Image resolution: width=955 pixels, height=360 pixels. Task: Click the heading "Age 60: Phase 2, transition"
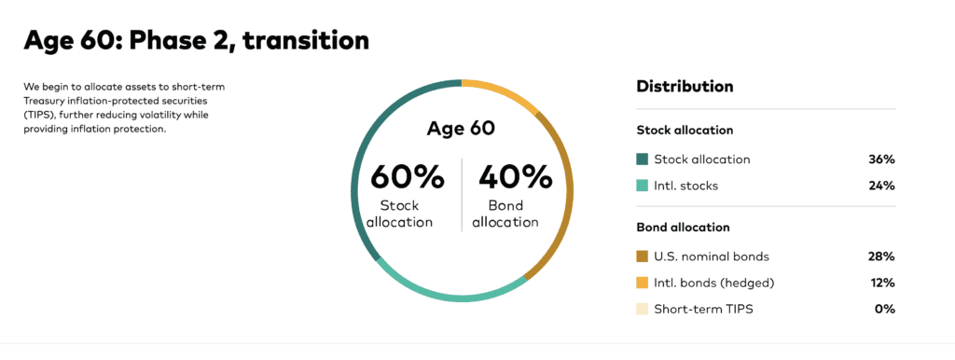[x=196, y=40]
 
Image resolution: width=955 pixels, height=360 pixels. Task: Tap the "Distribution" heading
[x=685, y=86]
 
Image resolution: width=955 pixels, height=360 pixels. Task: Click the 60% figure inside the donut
[x=408, y=177]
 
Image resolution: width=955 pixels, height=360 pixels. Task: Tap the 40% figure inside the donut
[x=515, y=177]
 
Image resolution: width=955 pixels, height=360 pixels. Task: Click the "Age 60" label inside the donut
[x=461, y=129]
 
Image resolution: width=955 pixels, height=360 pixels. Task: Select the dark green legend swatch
[x=642, y=159]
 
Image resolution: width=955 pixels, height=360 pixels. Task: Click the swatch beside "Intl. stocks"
[x=642, y=186]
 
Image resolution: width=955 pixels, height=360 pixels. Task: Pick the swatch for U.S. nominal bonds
[x=642, y=256]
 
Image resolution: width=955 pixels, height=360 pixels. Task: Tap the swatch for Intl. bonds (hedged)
[x=642, y=283]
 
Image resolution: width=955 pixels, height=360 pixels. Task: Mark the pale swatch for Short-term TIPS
[x=642, y=309]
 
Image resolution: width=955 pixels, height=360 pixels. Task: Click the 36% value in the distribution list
[x=881, y=159]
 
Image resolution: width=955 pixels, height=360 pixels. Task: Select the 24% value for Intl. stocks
[x=881, y=186]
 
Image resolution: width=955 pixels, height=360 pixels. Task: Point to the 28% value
[x=881, y=256]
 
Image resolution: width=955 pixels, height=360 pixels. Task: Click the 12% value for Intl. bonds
[x=881, y=283]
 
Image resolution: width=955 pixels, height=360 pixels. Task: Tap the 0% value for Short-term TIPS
[x=885, y=309]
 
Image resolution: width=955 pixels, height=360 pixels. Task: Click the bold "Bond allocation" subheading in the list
[x=683, y=228]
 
